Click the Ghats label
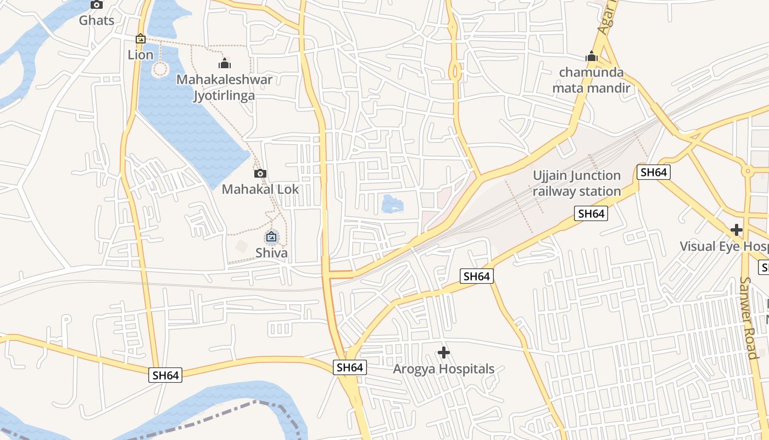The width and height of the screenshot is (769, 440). [x=97, y=21]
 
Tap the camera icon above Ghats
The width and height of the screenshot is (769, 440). [x=97, y=5]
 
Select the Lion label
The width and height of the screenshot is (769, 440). [x=141, y=54]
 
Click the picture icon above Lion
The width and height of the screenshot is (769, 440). [x=141, y=39]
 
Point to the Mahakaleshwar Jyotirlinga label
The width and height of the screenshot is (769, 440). [x=224, y=87]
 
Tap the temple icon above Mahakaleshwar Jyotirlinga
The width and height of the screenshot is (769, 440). [x=225, y=63]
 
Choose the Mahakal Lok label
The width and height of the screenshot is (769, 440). [x=260, y=189]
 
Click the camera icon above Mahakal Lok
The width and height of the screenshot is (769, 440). [x=260, y=174]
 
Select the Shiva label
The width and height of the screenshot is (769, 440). [x=271, y=253]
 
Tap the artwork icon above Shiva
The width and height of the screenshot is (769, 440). [x=271, y=237]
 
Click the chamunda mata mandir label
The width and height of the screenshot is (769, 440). [x=591, y=80]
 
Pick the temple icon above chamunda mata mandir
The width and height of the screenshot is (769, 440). [x=591, y=56]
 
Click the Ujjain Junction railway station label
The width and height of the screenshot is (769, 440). [x=577, y=183]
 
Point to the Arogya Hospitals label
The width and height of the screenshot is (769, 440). [x=444, y=369]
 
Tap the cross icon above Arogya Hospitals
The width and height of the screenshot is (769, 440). [x=444, y=353]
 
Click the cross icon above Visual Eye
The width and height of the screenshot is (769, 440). [x=737, y=230]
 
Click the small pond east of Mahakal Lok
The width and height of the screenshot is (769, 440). [x=392, y=205]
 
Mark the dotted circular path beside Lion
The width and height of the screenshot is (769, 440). [x=160, y=69]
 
